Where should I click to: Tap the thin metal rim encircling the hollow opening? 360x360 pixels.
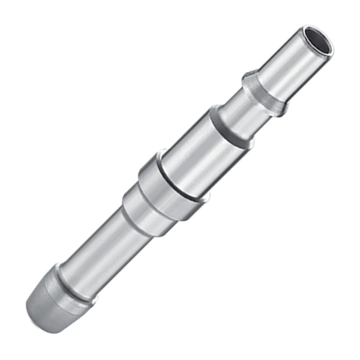tap(328, 49)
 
